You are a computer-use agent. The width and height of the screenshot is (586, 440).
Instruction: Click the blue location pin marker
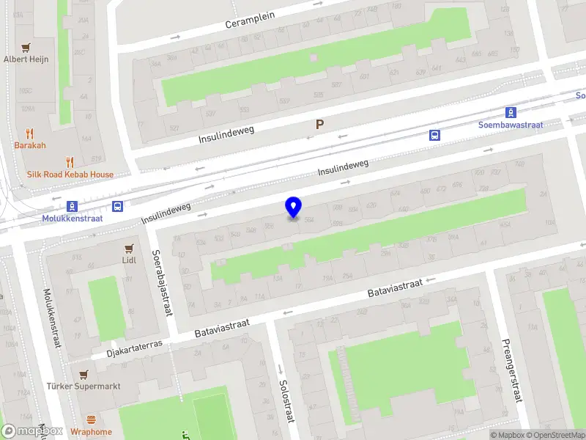point(294,208)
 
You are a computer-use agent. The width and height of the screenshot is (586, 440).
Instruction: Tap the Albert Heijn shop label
point(26,59)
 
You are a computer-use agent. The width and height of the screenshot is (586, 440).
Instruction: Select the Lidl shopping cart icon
point(130,247)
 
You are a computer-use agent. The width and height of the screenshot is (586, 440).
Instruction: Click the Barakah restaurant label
point(30,145)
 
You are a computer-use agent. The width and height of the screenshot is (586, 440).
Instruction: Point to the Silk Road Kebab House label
point(70,175)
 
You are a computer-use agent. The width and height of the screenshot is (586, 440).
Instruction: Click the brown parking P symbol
point(319,125)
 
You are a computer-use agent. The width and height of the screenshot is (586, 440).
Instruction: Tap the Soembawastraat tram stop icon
point(510,113)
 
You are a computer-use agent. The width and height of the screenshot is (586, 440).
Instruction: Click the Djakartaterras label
point(134,345)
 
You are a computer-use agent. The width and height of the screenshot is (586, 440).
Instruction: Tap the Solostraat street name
point(283,400)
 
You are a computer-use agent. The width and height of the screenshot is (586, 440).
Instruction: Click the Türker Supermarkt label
point(83,386)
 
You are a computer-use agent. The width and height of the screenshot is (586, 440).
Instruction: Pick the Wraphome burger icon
point(92,420)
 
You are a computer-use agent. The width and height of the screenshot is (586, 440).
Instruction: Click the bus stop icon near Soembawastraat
point(434,135)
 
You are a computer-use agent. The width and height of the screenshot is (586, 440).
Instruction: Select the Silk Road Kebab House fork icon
point(70,161)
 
